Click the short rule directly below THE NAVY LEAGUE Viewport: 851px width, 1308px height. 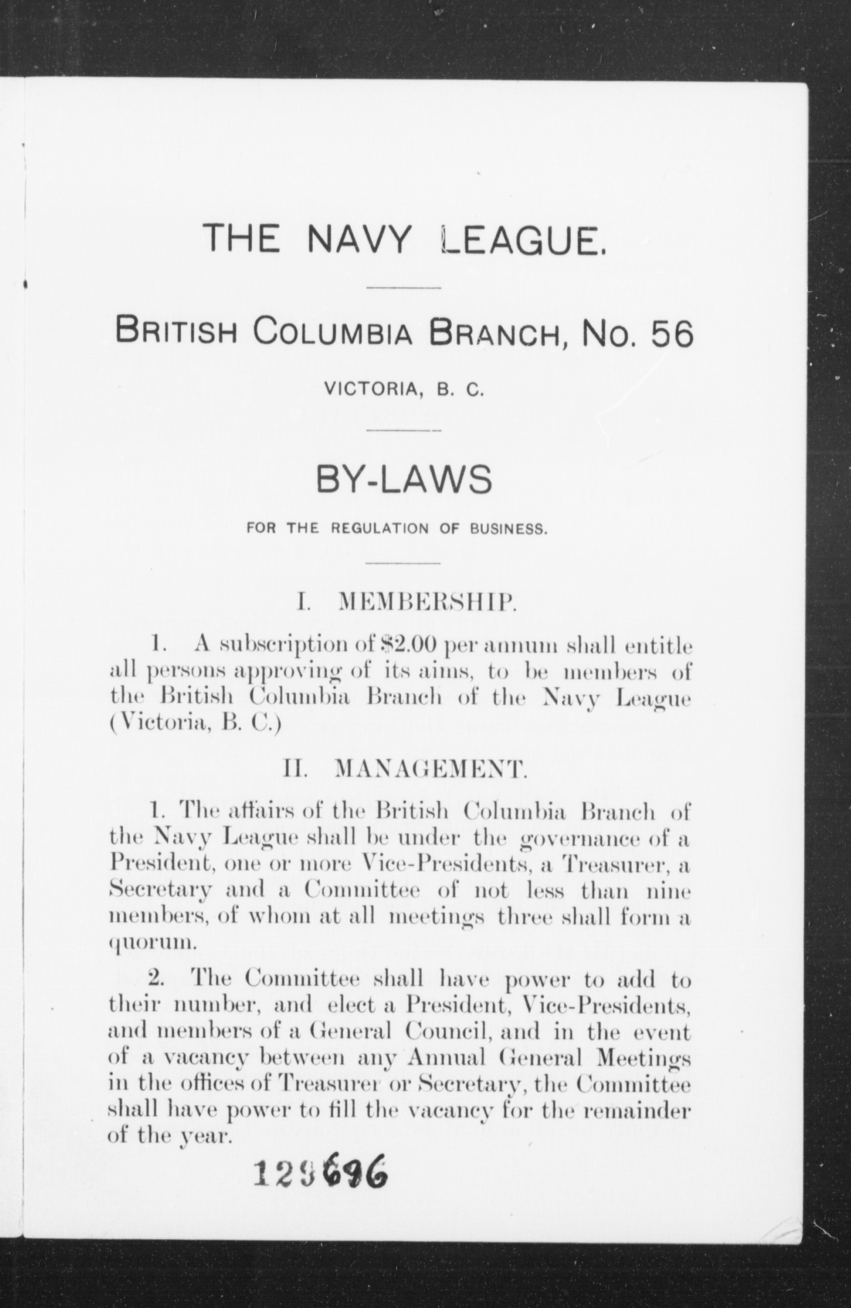click(403, 287)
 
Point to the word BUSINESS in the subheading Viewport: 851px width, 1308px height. click(507, 529)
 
